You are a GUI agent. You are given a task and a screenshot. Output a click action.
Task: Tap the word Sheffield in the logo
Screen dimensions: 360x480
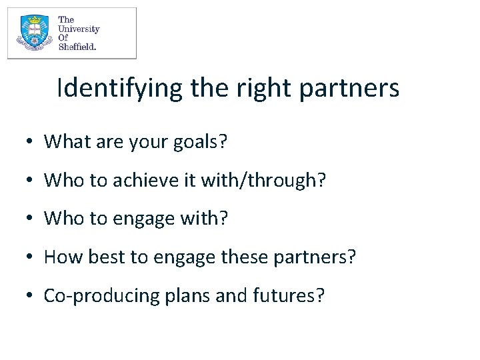tap(77, 47)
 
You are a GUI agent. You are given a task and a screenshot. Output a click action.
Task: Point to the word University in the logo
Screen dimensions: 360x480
tap(79, 29)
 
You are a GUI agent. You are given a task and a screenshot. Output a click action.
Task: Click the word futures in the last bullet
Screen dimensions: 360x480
tap(287, 296)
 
